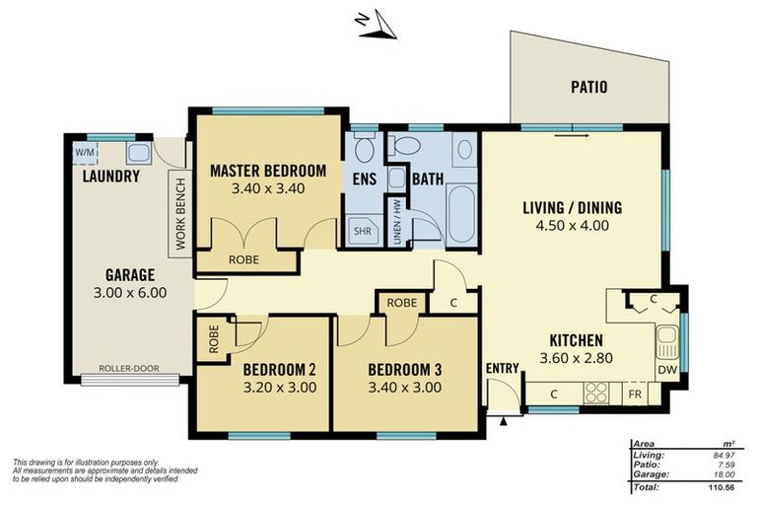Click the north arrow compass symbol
click(377, 27)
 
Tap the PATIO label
click(588, 88)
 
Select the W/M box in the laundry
click(84, 152)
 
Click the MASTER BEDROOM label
click(267, 170)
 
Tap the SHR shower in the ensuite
click(362, 233)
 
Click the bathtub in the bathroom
click(462, 216)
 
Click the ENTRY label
click(502, 368)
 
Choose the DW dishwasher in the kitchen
click(667, 370)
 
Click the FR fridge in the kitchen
click(638, 396)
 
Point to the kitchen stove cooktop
click(597, 396)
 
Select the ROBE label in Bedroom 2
click(214, 339)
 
